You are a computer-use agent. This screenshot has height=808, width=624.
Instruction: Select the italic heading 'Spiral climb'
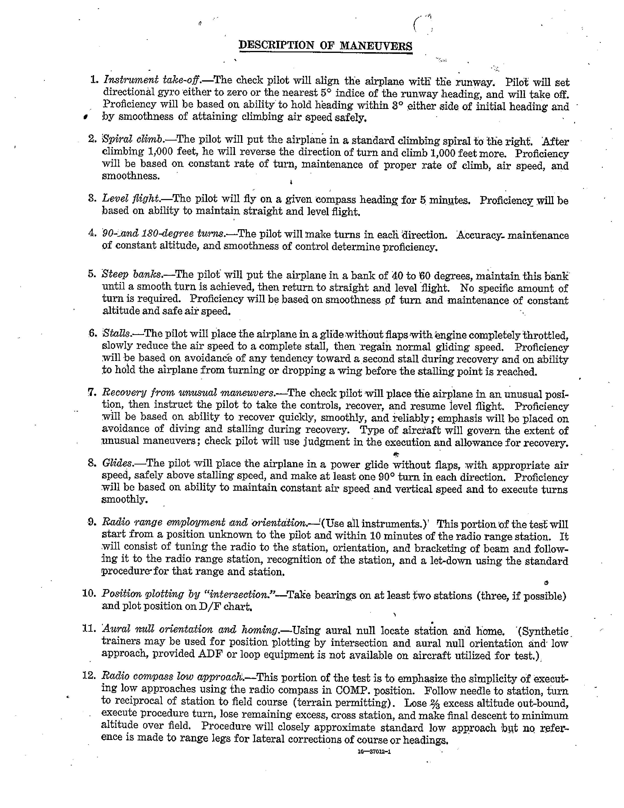[x=133, y=140]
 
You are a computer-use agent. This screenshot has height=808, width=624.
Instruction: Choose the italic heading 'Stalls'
[x=117, y=333]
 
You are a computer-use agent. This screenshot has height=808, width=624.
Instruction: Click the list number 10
[x=89, y=594]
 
